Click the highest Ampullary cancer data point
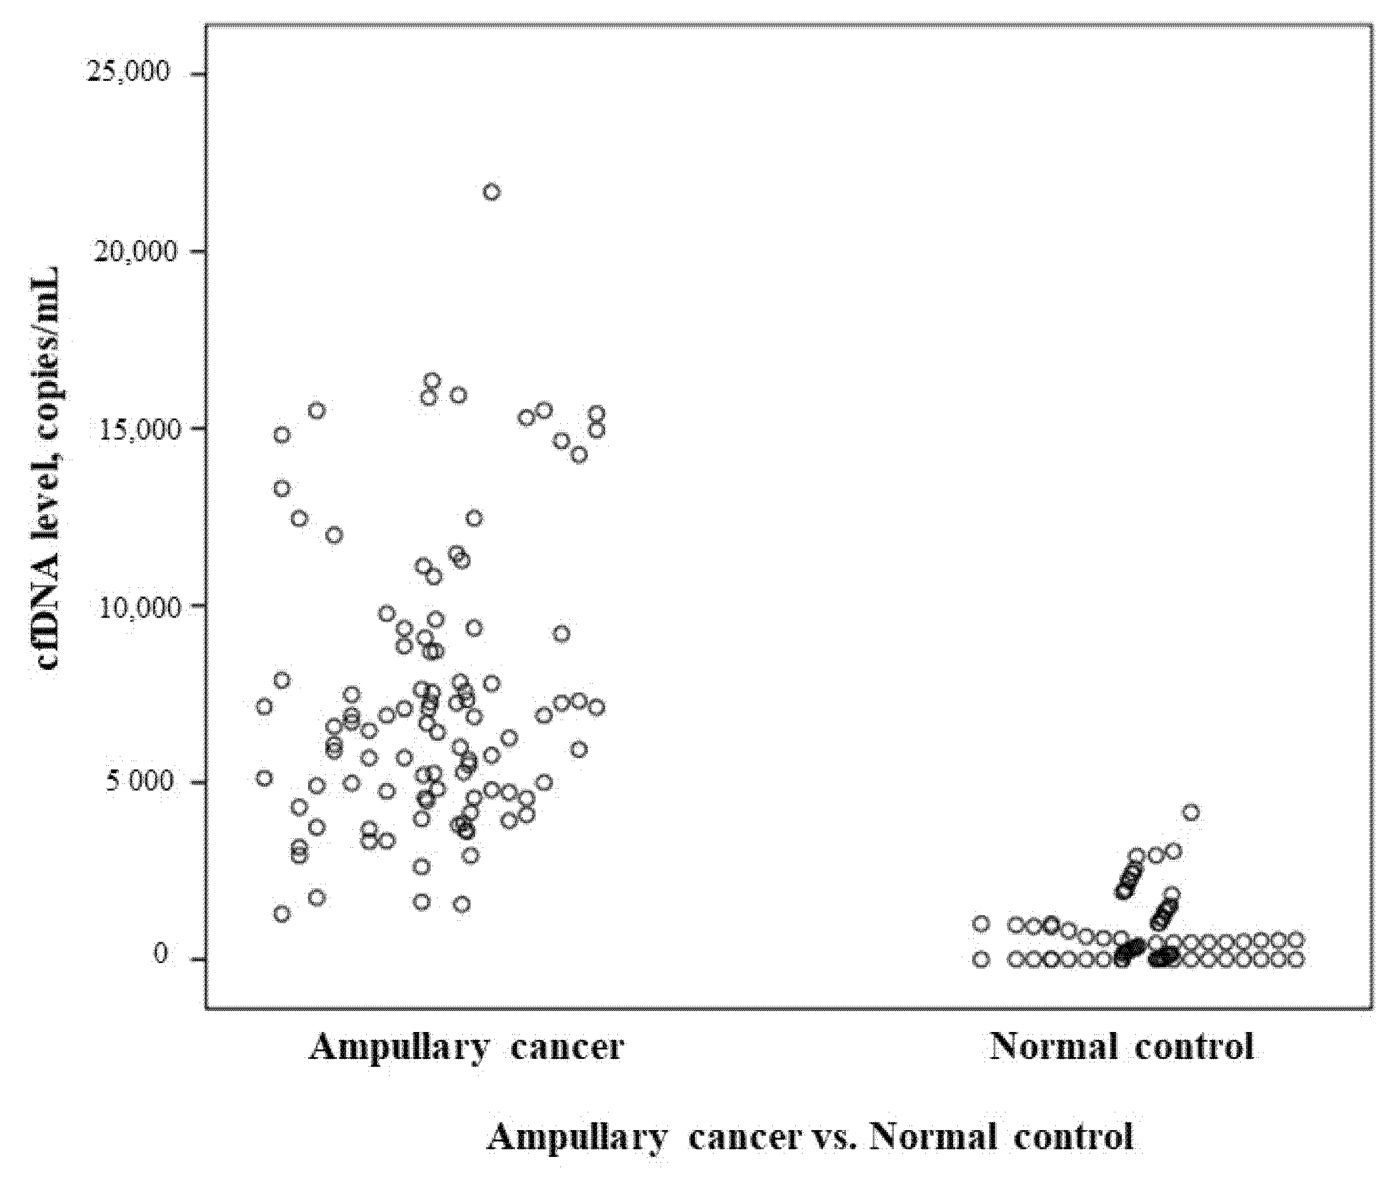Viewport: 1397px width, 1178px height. [492, 192]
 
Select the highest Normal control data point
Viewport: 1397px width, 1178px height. [1191, 813]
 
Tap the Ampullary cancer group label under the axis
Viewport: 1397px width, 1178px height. [465, 1046]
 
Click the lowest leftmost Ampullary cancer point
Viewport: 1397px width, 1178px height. [282, 913]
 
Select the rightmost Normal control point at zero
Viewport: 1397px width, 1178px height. [1296, 960]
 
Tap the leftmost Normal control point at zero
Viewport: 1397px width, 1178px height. [981, 960]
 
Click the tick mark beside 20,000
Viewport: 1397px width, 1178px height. [197, 251]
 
